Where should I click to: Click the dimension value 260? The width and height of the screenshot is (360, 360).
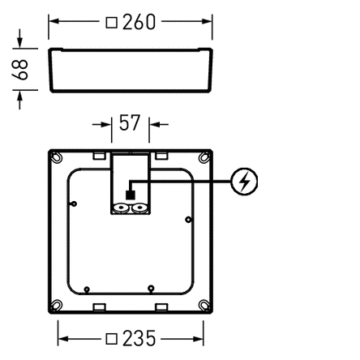pyautogui.click(x=139, y=22)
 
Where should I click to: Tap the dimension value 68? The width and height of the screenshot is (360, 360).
pyautogui.click(x=20, y=70)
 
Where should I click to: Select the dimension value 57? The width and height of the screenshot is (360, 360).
pyautogui.click(x=130, y=122)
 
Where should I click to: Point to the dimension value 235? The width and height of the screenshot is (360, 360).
pyautogui.click(x=139, y=338)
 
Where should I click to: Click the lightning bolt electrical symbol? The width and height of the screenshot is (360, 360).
pyautogui.click(x=244, y=182)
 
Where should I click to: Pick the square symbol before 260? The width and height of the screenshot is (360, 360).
pyautogui.click(x=111, y=23)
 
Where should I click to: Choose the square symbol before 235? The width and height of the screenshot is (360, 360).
pyautogui.click(x=111, y=339)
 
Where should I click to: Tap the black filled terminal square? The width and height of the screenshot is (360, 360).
pyautogui.click(x=131, y=195)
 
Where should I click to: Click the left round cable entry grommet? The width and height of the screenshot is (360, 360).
pyautogui.click(x=121, y=208)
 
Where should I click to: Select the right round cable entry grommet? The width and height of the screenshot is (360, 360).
pyautogui.click(x=139, y=208)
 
